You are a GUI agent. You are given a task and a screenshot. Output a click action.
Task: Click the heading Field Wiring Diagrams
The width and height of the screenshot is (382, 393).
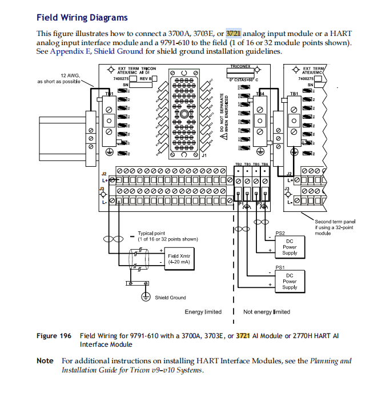(x=82, y=18)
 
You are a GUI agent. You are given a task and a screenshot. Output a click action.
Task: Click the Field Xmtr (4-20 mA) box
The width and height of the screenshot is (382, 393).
(x=180, y=259)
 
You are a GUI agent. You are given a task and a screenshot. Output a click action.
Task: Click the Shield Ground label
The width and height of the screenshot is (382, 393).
(x=170, y=298)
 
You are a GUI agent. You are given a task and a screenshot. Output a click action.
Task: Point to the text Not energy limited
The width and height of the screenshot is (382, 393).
(x=267, y=312)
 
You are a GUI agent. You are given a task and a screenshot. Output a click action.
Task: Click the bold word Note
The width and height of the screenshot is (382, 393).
(x=45, y=361)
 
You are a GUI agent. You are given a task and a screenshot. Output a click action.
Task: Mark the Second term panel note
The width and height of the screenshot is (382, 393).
(x=334, y=226)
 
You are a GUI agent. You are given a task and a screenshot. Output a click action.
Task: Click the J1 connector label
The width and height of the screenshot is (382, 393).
(x=204, y=155)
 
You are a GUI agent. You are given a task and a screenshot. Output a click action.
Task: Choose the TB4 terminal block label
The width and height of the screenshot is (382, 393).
(x=260, y=94)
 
